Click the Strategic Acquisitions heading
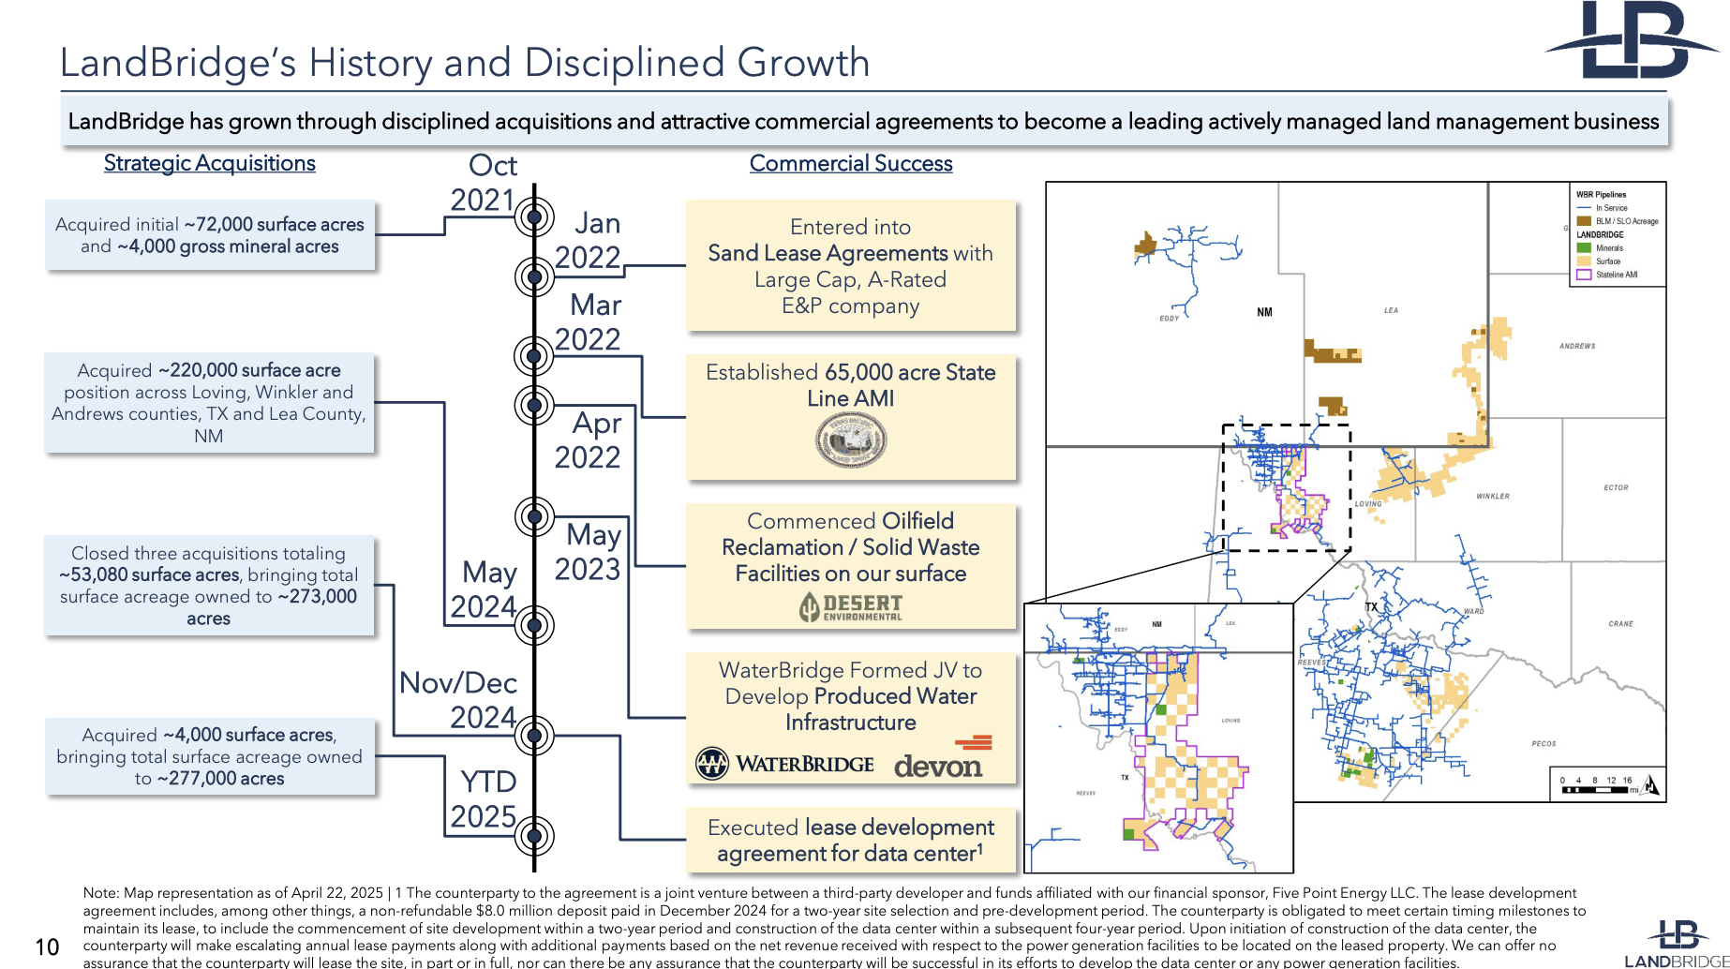[209, 163]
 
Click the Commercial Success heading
[850, 163]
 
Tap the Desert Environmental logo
[851, 607]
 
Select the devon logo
[940, 761]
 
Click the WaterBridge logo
[785, 764]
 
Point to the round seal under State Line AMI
[851, 440]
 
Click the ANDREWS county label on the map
[1577, 346]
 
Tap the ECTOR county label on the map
[1616, 487]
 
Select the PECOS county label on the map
[1544, 743]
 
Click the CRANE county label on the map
[1620, 623]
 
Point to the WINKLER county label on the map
[1492, 496]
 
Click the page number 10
[47, 947]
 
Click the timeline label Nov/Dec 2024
[458, 700]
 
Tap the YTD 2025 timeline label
[485, 798]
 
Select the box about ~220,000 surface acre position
[209, 403]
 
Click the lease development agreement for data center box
[850, 841]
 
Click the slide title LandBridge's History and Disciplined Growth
[465, 63]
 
